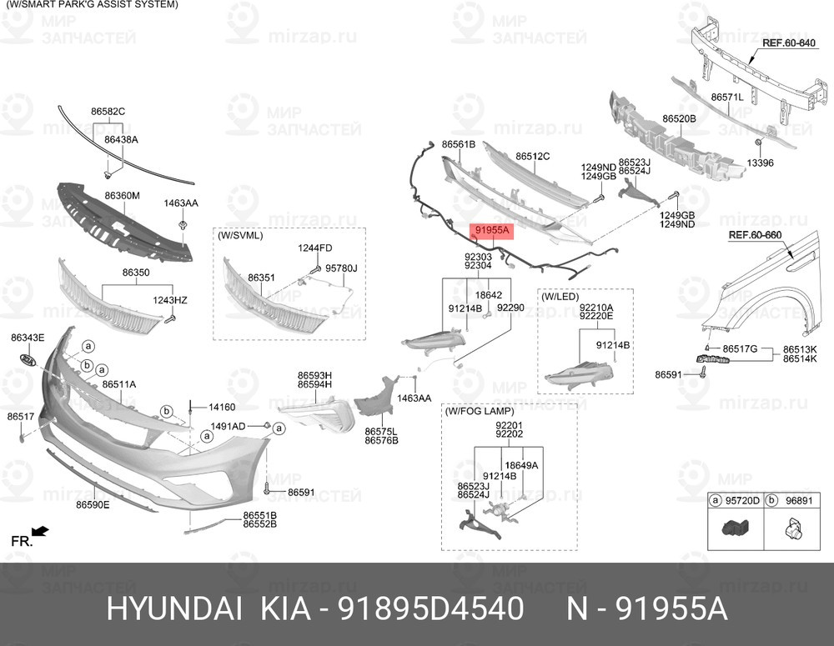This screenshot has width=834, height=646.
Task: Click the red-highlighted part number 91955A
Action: click(492, 230)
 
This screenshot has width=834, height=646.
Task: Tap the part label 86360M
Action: click(123, 196)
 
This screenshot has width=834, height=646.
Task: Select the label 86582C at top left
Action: click(108, 112)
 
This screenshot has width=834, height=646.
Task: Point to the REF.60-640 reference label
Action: click(789, 43)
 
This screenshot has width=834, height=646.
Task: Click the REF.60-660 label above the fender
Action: click(755, 235)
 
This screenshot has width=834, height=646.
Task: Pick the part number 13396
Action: click(760, 163)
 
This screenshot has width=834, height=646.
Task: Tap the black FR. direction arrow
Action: click(40, 531)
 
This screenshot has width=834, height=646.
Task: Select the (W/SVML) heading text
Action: click(240, 235)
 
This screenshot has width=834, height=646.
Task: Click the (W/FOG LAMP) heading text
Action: click(480, 411)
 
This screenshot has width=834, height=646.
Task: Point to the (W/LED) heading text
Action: click(560, 296)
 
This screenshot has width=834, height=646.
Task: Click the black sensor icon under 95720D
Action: click(735, 528)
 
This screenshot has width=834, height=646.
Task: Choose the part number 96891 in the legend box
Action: click(799, 500)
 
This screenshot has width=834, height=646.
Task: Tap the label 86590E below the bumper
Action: click(93, 504)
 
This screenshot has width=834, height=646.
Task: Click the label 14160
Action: click(222, 408)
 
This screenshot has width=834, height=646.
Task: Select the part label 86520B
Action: click(679, 118)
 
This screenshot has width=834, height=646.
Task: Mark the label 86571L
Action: click(727, 98)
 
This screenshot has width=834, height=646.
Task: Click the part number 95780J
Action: click(341, 268)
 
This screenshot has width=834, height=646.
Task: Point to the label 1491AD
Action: click(229, 427)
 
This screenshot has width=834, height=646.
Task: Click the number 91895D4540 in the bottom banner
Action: click(431, 609)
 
